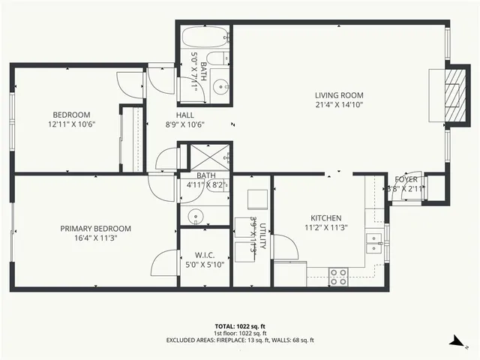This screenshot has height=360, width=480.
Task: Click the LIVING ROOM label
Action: (339, 95)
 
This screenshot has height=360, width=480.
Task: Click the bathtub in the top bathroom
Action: (203, 37)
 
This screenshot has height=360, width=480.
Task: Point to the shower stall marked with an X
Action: (210, 157)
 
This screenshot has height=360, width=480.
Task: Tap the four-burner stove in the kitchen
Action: (338, 277)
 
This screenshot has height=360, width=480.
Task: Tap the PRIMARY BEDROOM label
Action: (95, 229)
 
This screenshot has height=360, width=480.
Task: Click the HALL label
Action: (185, 115)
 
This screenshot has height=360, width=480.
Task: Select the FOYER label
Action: (406, 179)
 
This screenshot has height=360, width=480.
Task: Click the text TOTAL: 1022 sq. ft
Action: (240, 326)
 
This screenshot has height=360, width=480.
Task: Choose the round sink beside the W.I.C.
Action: (196, 215)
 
